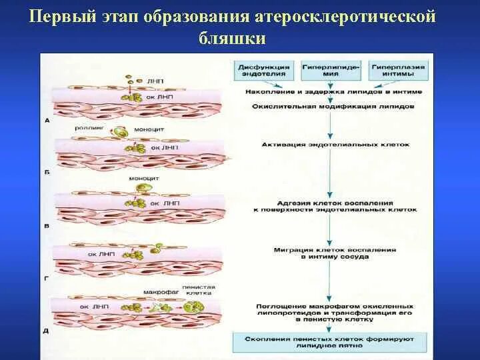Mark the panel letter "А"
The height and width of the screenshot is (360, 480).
point(47,121)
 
